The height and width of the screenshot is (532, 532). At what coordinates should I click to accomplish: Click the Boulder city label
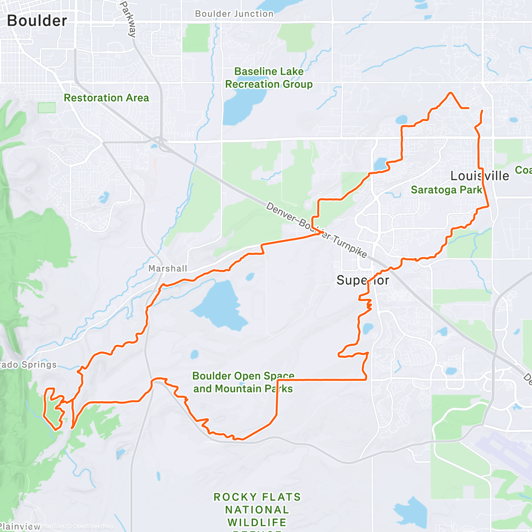pos(37,20)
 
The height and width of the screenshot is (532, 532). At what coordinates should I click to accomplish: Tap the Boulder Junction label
pos(234,14)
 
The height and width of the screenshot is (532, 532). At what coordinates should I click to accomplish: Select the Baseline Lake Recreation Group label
pos(269,78)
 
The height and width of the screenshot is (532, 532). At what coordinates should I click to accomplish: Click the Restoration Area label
pos(106,98)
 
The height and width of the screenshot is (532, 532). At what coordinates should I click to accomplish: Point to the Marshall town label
pos(168,268)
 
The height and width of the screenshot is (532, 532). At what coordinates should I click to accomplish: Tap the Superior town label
pos(363,280)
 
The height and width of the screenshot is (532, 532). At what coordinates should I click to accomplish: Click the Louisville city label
pos(480,176)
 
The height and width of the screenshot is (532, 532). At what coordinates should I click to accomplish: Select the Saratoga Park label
pos(446,190)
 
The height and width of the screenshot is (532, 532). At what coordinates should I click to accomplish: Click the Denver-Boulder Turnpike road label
pos(317,230)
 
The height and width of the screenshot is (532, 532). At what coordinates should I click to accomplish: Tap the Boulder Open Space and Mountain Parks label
pos(243,382)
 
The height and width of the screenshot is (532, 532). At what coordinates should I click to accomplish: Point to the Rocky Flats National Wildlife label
pos(257,510)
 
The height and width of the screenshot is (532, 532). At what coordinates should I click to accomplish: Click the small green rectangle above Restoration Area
pos(47,107)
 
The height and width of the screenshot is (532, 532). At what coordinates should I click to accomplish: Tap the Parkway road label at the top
pos(128,19)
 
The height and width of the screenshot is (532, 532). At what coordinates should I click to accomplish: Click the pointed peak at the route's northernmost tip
pos(451,93)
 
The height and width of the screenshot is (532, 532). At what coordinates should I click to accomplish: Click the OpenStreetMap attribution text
pos(93,526)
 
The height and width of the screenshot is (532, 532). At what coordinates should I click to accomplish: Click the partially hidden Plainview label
pos(20,526)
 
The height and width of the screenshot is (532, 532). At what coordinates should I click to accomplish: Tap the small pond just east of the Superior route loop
pos(368,329)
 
